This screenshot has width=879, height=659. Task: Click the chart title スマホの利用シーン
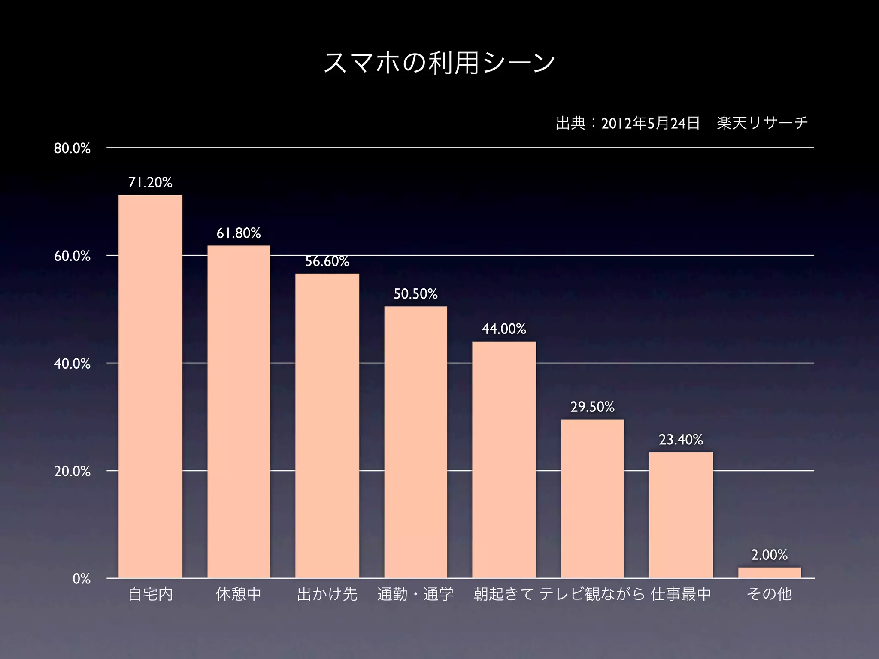pyautogui.click(x=439, y=63)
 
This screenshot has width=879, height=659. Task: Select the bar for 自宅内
pyautogui.click(x=150, y=386)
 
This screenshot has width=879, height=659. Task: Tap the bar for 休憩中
pyautogui.click(x=239, y=412)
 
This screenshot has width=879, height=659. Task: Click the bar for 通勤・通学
pyautogui.click(x=415, y=442)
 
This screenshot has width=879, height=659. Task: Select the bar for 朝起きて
pyautogui.click(x=504, y=459)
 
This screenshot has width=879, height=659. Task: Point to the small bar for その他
pyautogui.click(x=770, y=573)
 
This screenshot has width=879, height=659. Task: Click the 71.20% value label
pyautogui.click(x=150, y=183)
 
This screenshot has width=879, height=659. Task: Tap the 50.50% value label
pyautogui.click(x=415, y=294)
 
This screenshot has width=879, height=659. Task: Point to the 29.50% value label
pyautogui.click(x=592, y=407)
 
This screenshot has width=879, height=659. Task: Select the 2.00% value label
pyautogui.click(x=769, y=555)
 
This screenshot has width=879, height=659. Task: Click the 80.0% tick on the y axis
pyautogui.click(x=72, y=148)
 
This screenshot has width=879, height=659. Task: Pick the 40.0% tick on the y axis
pyautogui.click(x=72, y=364)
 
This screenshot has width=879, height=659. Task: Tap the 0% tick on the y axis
pyautogui.click(x=82, y=579)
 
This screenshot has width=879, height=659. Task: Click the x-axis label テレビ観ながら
pyautogui.click(x=592, y=594)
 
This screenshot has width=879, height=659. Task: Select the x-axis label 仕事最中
pyautogui.click(x=681, y=594)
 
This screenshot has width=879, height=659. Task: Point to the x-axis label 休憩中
pyautogui.click(x=239, y=594)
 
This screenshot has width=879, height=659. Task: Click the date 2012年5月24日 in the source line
pyautogui.click(x=650, y=124)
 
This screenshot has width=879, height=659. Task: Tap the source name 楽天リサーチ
pyautogui.click(x=762, y=124)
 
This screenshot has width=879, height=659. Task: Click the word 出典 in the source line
pyautogui.click(x=570, y=124)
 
